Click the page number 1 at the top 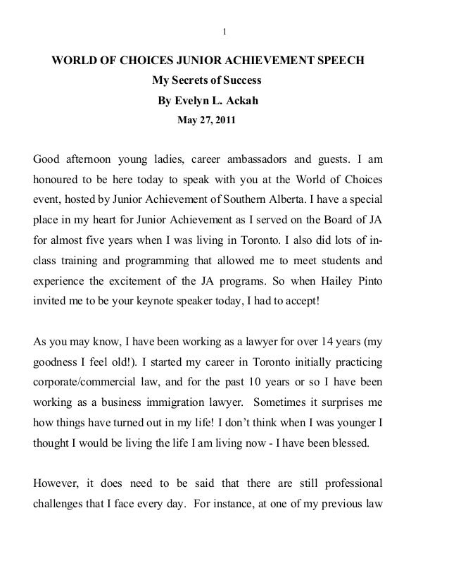coord(224,31)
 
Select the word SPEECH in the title coord(341,61)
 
